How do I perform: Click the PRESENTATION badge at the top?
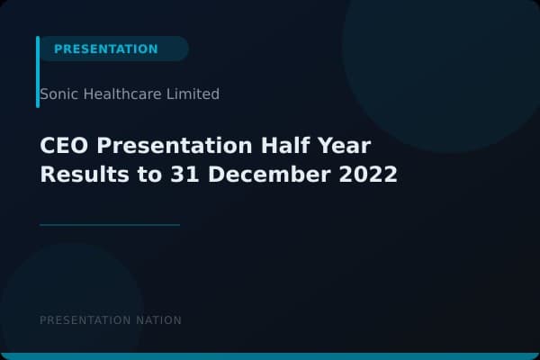coord(106,49)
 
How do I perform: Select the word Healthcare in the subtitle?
coord(120,94)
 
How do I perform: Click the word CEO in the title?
coord(63,147)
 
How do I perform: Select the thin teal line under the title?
coord(110,225)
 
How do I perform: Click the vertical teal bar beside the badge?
coord(38,72)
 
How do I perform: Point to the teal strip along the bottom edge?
coord(270,356)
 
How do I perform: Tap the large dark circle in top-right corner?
coord(441,54)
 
